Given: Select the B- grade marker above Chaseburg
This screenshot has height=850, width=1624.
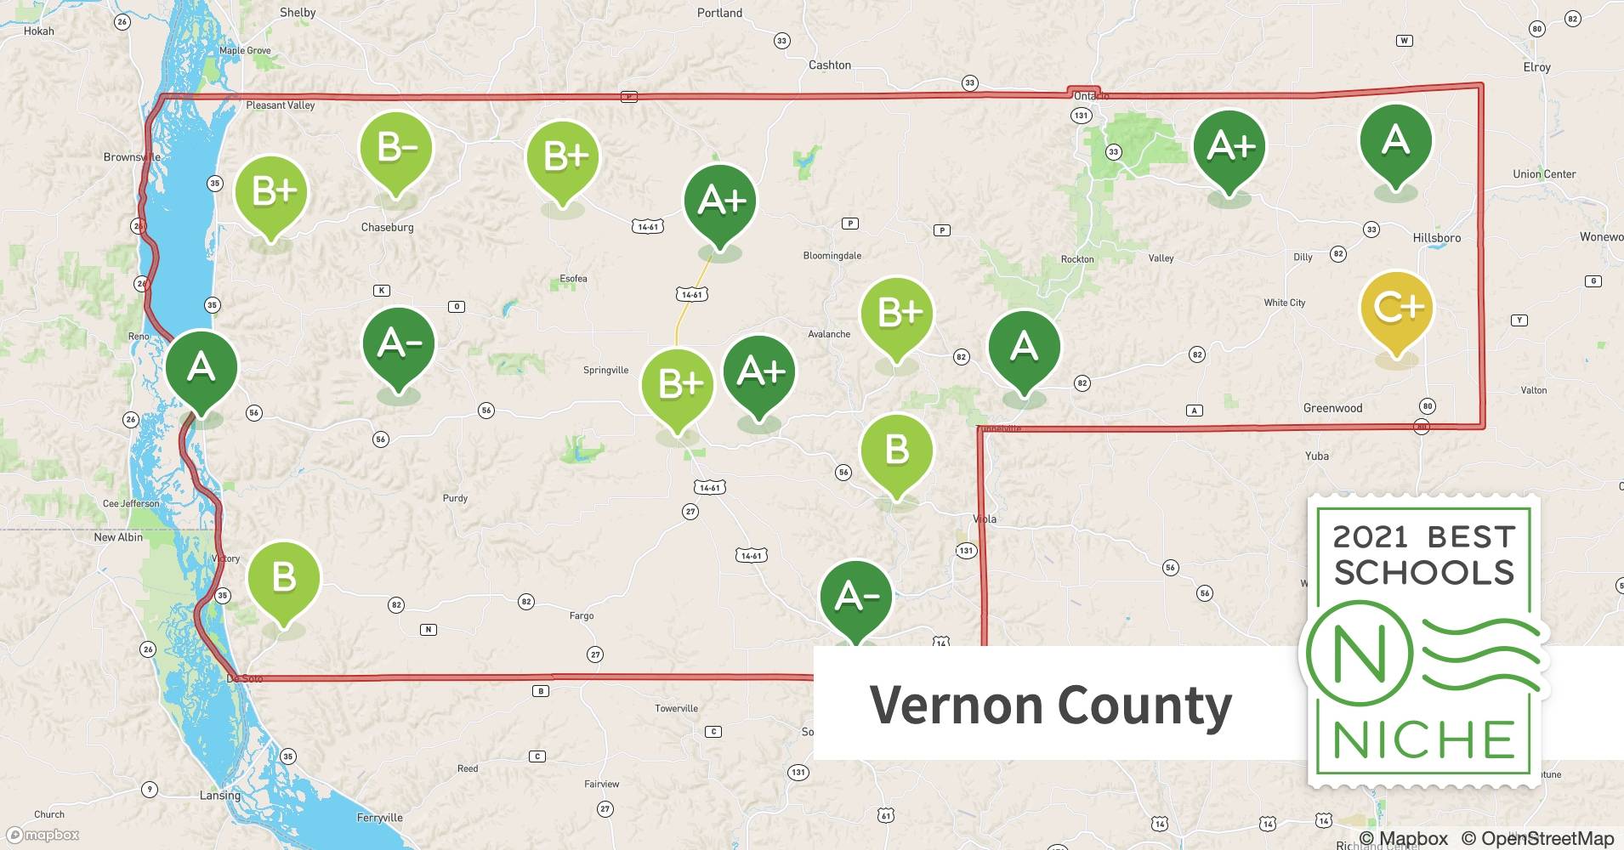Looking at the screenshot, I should click(396, 150).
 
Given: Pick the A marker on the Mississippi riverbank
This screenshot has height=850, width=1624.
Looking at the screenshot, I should click(201, 368).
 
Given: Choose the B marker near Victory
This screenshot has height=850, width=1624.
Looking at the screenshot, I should click(283, 580).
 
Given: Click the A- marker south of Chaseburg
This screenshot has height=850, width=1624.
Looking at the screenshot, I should click(398, 344).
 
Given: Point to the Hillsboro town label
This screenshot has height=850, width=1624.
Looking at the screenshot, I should click(1436, 238).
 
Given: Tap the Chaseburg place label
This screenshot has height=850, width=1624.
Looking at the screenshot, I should click(387, 227).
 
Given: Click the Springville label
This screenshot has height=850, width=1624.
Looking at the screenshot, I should click(605, 370).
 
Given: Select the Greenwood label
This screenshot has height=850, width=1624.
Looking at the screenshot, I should click(1332, 408).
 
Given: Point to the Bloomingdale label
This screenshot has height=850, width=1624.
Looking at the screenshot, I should click(832, 256).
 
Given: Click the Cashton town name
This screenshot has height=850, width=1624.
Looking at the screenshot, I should click(829, 65).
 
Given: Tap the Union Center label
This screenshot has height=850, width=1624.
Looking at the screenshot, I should click(1543, 174).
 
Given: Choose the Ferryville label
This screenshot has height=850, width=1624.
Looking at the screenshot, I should click(379, 818).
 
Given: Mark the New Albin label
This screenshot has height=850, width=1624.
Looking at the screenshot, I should click(118, 537).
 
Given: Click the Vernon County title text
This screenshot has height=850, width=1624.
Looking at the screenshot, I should click(1050, 705).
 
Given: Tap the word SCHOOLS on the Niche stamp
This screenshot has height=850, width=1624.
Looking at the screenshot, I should click(1424, 572).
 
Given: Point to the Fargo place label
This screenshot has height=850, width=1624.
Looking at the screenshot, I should click(582, 615).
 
